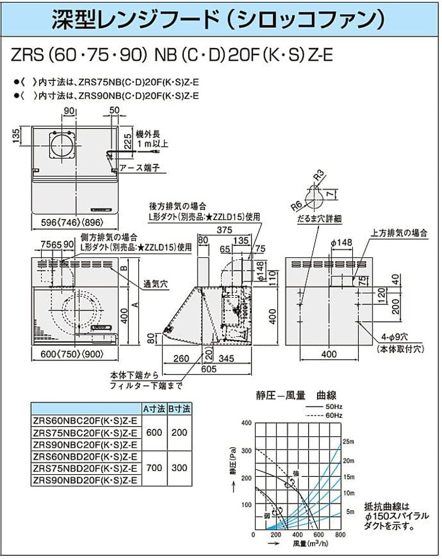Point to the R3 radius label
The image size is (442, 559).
[320, 175]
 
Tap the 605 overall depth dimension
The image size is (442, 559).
[208, 368]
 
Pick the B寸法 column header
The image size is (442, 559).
[179, 410]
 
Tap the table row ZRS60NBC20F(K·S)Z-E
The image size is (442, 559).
[85, 422]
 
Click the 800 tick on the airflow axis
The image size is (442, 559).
[341, 535]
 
